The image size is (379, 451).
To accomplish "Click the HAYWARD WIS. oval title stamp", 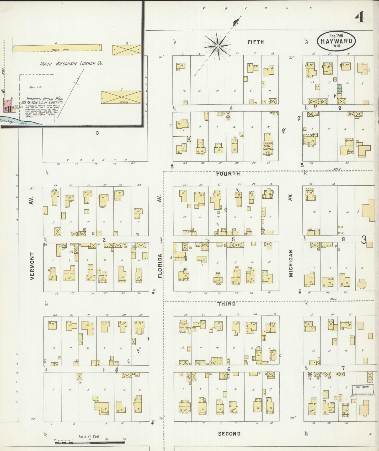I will point(336,41).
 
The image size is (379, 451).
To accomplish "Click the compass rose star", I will point(218,46).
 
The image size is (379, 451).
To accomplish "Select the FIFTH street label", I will point(255,42).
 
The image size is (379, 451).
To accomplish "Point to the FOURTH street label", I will point(228,173).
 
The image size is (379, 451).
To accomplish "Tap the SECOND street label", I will point(229,434).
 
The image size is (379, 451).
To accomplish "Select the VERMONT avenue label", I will point(32,266).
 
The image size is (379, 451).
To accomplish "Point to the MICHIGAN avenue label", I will point(291,263).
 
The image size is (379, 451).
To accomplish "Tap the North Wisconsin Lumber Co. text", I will point(71,64).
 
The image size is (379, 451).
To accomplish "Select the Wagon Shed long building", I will point(57,47).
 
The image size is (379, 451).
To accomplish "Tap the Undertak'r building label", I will point(180,257).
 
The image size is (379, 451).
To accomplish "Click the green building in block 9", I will point(339,89).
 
